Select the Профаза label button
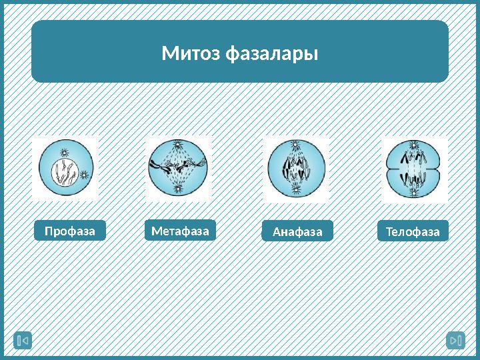(x=70, y=231)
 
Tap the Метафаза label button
(x=180, y=231)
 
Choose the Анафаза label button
(x=297, y=231)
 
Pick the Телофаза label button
(x=413, y=231)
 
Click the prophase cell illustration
(x=65, y=168)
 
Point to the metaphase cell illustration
(x=178, y=168)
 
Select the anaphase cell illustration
(x=297, y=168)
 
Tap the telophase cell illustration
(x=414, y=169)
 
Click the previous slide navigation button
(x=23, y=341)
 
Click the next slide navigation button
(x=455, y=341)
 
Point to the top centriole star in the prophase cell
(x=64, y=151)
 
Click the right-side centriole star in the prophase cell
(x=84, y=175)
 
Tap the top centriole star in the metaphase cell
(x=178, y=144)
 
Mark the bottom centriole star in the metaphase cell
(x=178, y=189)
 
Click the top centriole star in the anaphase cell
(x=296, y=144)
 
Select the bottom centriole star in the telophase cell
(x=414, y=192)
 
